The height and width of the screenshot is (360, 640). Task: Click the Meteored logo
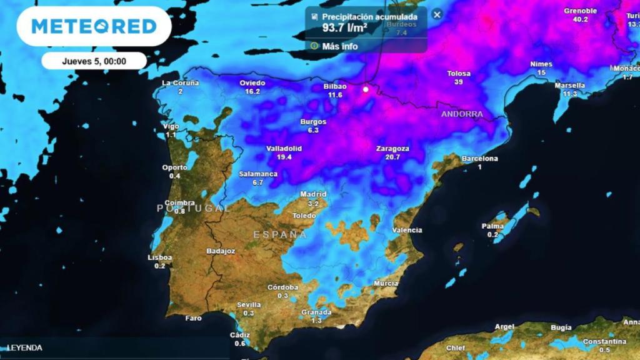[x=94, y=26]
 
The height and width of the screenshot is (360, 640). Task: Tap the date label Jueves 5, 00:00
[x=94, y=61]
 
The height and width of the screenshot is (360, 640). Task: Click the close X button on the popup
[x=437, y=14]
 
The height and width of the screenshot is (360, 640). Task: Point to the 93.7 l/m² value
[x=344, y=28]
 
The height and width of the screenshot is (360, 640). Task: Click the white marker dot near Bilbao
[x=366, y=89]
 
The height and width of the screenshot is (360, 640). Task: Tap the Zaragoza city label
[x=392, y=149]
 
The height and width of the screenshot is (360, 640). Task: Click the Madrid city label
[x=313, y=194]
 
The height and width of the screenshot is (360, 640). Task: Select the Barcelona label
[x=480, y=159]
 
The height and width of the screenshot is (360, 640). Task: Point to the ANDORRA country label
[x=462, y=114]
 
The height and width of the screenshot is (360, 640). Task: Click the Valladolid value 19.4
[x=285, y=157]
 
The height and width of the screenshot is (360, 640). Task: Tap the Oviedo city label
[x=252, y=82]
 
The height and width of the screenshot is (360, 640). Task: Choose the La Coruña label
[x=180, y=82]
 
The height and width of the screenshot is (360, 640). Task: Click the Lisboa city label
[x=160, y=257]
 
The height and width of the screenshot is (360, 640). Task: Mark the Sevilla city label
[x=249, y=305]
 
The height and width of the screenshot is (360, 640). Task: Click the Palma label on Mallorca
[x=493, y=226]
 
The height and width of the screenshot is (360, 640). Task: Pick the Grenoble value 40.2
[x=581, y=19]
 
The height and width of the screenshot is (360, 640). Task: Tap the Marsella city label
[x=569, y=86]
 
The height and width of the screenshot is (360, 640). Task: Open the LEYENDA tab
[x=25, y=347]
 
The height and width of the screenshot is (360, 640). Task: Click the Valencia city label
[x=406, y=230]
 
